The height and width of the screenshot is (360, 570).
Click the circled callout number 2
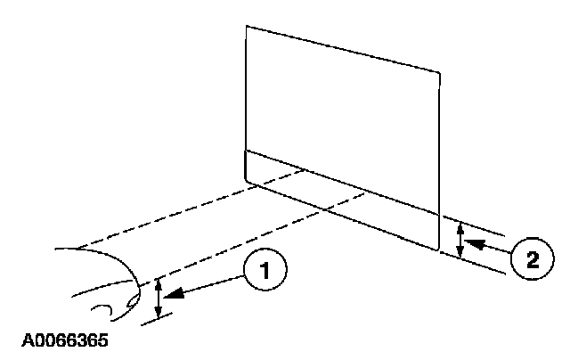click(531, 258)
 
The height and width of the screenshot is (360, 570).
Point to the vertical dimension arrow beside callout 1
click(159, 298)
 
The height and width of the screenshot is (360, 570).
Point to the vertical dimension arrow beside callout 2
click(460, 241)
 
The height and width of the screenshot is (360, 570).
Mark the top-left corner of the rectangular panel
click(246, 25)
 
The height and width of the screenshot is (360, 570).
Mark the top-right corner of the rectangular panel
click(440, 70)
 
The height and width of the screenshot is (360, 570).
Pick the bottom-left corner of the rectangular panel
click(246, 181)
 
